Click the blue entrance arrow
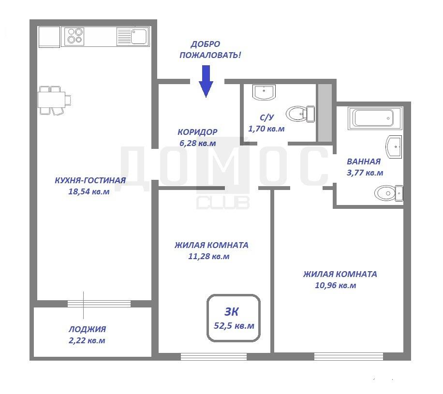(x=206, y=81)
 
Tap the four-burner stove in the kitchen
(x=74, y=36)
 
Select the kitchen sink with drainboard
(x=133, y=36)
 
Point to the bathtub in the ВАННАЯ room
(x=375, y=118)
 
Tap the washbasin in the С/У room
(x=264, y=92)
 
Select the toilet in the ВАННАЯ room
(x=389, y=193)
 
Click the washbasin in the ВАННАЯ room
(x=394, y=147)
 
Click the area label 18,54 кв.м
(x=89, y=191)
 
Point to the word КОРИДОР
(x=197, y=131)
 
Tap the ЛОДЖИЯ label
(x=88, y=329)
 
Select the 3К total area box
(x=234, y=318)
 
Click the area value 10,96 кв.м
(x=335, y=285)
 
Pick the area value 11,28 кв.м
(x=209, y=256)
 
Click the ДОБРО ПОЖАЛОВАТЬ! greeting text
(x=210, y=49)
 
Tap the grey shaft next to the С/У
(x=325, y=113)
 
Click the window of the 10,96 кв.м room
(x=349, y=356)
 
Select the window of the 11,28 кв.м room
(x=214, y=356)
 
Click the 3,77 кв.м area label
(x=365, y=173)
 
